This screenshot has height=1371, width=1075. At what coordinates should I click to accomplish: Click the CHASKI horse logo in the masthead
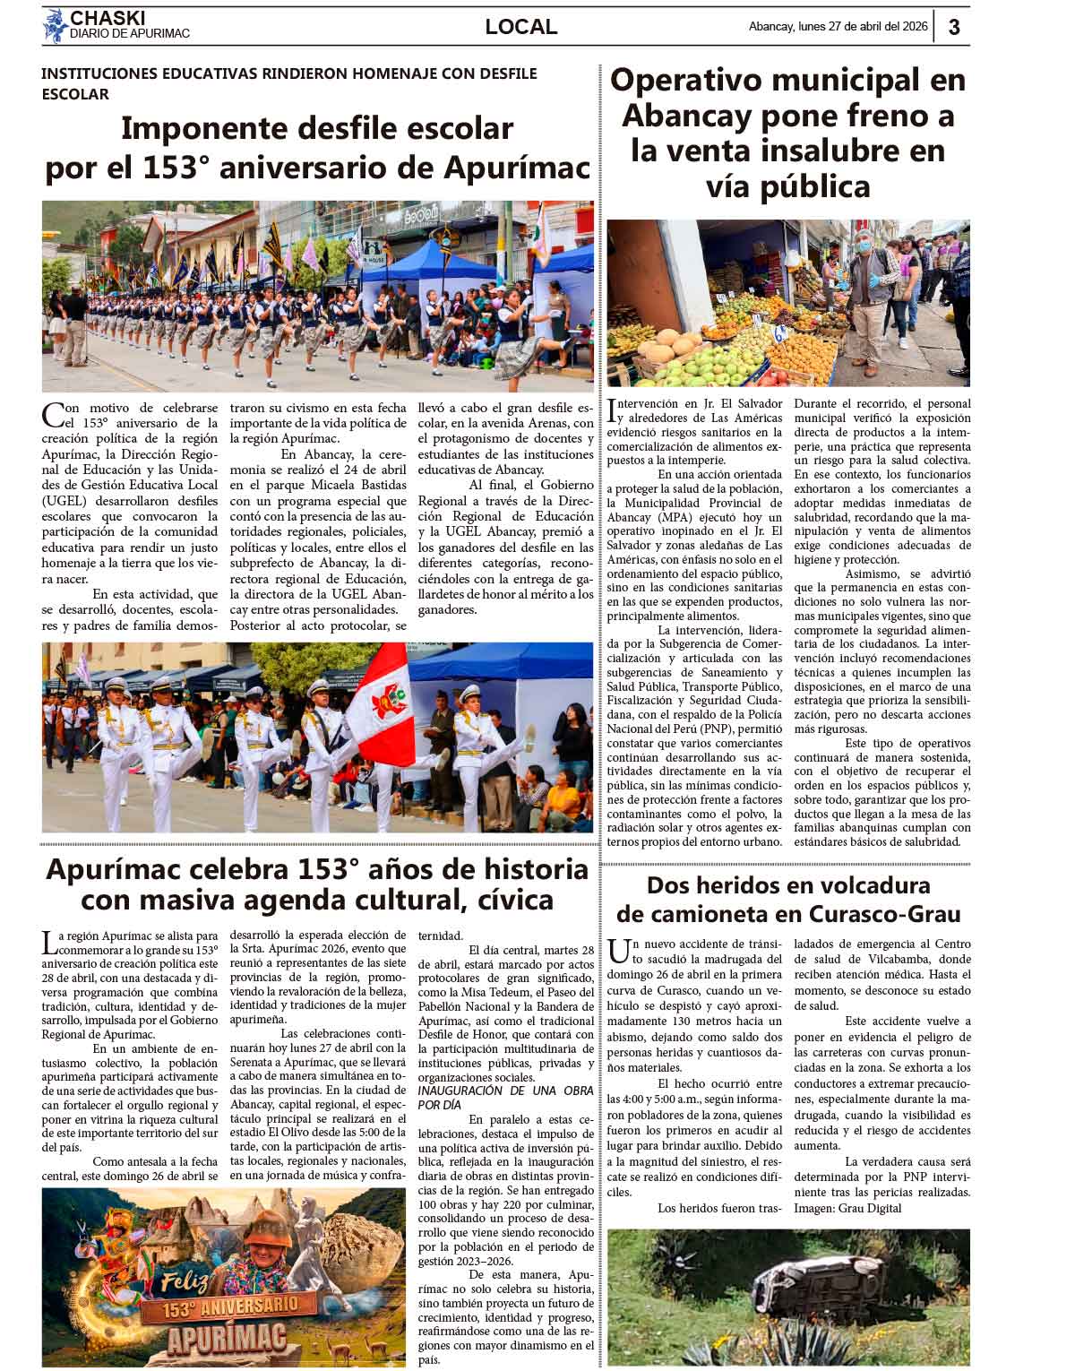pos(56,25)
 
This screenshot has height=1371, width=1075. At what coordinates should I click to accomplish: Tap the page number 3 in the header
pos(954,28)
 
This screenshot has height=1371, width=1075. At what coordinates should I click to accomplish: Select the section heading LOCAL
pos(520,28)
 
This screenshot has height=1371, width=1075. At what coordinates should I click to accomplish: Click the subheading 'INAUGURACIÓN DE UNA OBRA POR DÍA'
pos(506,1097)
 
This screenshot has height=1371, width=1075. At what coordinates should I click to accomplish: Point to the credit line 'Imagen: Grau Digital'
pos(847,1208)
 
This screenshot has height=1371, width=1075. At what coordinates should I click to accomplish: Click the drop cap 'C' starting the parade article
pos(53,415)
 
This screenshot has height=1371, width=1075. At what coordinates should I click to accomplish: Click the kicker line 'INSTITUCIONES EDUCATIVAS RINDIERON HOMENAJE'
pos(288,73)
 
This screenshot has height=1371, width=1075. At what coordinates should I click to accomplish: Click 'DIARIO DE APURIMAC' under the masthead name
pos(130,34)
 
